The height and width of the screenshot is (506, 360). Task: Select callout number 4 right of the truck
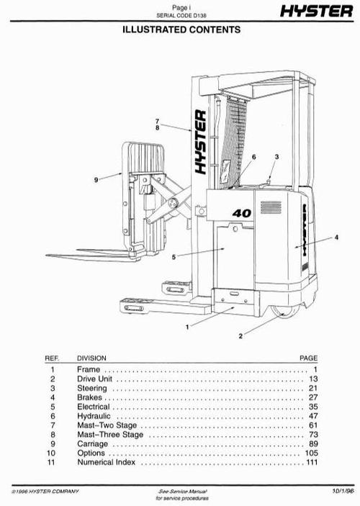click(336, 238)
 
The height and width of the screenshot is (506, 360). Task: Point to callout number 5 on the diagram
click(174, 257)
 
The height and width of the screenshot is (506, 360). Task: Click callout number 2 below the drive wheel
click(241, 335)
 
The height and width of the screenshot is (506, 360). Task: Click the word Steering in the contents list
click(91, 388)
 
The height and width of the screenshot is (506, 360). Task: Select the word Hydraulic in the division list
click(94, 416)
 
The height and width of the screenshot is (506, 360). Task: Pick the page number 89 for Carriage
click(312, 444)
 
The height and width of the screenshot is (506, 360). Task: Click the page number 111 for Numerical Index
click(311, 463)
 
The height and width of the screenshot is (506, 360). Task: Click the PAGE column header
click(308, 358)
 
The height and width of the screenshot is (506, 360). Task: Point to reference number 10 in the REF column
click(51, 453)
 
